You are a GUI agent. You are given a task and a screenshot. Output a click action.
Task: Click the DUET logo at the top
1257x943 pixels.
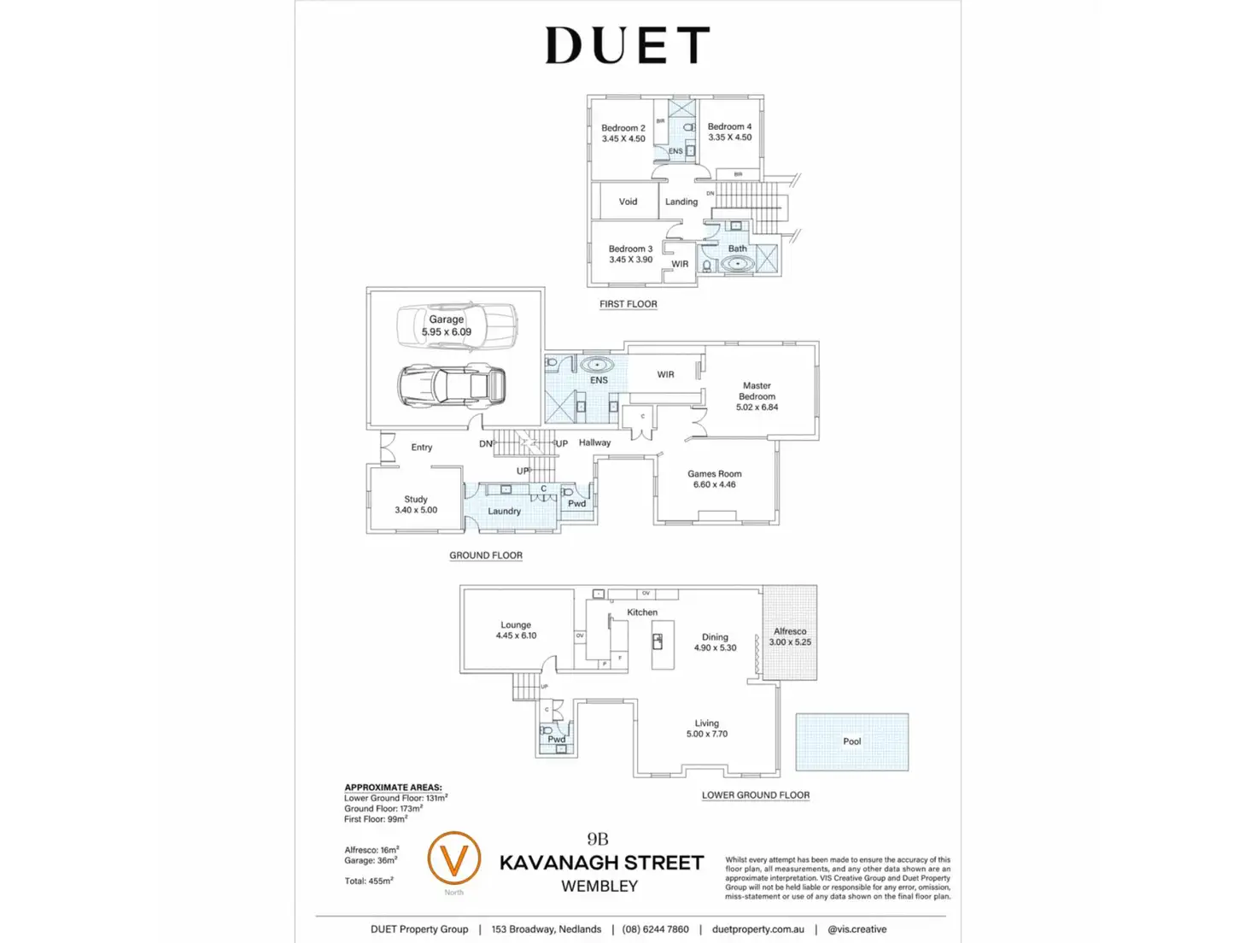point(628,45)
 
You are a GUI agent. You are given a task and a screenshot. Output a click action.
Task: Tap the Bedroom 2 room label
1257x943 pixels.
point(623,128)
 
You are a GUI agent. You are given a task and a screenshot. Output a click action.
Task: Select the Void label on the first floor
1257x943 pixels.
point(628,202)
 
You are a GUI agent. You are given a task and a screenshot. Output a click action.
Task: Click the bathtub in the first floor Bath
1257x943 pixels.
point(737,264)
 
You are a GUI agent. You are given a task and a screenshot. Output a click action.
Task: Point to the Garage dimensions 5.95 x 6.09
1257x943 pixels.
point(446,332)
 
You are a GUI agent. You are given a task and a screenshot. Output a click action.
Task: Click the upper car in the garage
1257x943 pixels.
point(457,325)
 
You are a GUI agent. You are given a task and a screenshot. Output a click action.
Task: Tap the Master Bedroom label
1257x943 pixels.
point(757,391)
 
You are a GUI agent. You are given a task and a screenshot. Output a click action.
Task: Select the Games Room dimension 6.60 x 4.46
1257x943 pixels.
point(715,485)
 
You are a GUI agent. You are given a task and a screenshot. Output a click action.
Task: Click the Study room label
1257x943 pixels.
point(416,499)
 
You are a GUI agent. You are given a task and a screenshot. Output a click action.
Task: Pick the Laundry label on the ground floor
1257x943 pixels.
point(504,511)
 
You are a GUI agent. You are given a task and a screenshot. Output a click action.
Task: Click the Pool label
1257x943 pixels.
point(852,741)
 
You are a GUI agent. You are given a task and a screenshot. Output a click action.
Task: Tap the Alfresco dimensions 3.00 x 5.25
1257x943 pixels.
point(790,642)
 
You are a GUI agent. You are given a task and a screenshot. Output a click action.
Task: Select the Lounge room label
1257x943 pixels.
point(516,625)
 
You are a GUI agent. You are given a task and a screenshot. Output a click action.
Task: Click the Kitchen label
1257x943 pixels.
point(642,612)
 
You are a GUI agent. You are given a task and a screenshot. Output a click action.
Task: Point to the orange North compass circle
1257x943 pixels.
point(453,858)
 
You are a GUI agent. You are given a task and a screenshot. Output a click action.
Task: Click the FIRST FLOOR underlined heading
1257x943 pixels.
point(628,304)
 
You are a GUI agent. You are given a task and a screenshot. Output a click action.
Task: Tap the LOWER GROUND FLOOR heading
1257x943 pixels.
point(756,795)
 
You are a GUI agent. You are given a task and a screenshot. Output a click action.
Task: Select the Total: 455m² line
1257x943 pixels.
point(369,881)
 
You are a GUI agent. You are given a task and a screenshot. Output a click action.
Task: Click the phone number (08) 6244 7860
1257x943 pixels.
point(655,929)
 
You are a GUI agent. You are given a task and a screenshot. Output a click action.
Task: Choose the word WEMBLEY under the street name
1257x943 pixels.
point(599,887)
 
